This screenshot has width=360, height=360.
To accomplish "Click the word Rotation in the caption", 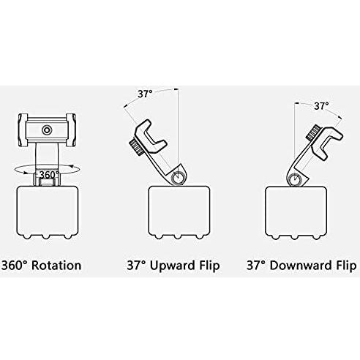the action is click(56, 266).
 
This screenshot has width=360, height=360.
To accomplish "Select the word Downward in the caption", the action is click(301, 266).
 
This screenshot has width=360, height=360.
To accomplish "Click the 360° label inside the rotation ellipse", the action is click(49, 175).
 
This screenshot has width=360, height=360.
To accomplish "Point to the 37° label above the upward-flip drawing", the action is click(145, 94).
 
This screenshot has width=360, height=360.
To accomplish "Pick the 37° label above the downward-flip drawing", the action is click(321, 106).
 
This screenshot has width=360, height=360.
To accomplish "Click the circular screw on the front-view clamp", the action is click(47, 130).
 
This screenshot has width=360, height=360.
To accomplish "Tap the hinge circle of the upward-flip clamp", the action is click(179, 177).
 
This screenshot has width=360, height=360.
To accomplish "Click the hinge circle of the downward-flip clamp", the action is click(296, 179).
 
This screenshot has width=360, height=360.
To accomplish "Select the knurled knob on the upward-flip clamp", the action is click(137, 148).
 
